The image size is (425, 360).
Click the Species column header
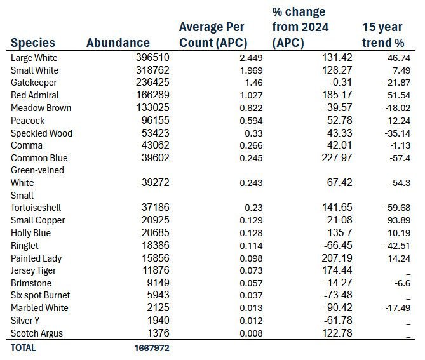click(32, 43)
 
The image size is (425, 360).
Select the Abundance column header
click(118, 43)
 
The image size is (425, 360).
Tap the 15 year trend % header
click(383, 36)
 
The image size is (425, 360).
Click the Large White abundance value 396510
click(152, 58)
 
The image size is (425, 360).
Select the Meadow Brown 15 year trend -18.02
click(396, 108)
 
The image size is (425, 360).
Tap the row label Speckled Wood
click(41, 133)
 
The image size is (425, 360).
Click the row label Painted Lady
click(36, 258)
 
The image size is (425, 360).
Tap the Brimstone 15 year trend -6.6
click(401, 283)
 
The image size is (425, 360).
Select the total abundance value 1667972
click(151, 348)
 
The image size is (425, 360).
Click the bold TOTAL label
click(24, 348)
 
